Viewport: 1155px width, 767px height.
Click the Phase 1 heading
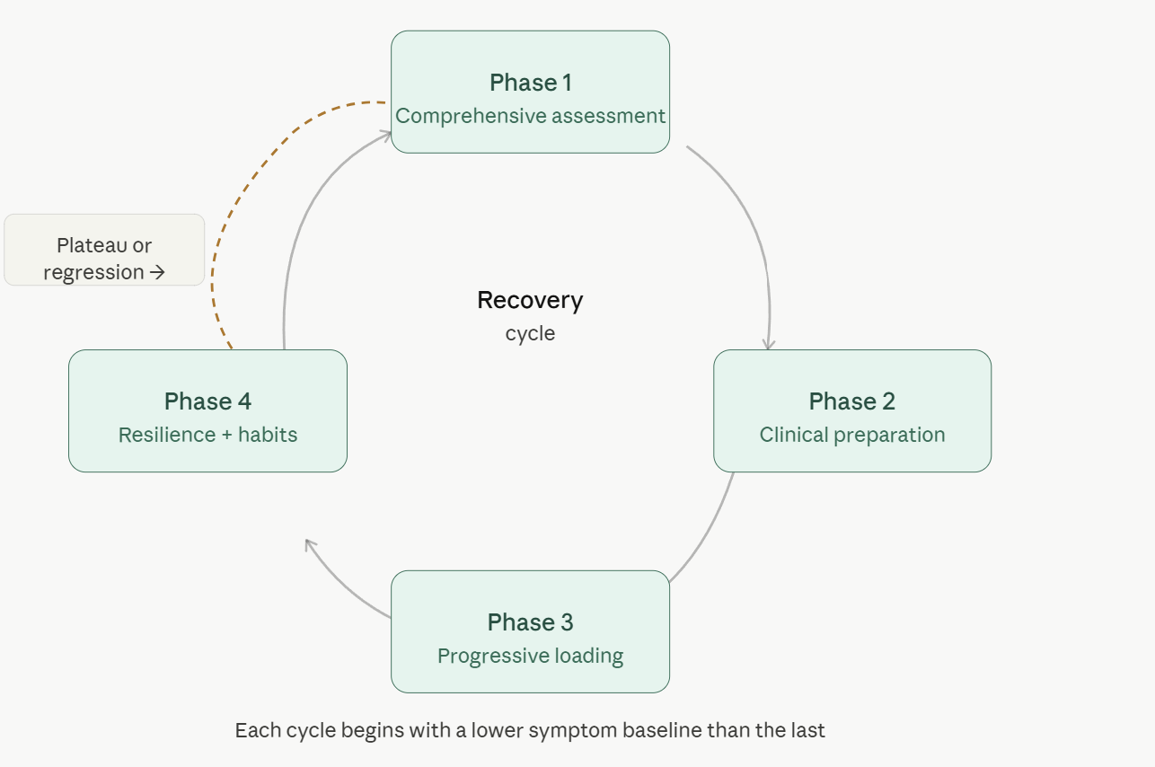[x=530, y=83]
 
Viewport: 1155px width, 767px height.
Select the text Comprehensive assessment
[x=530, y=116]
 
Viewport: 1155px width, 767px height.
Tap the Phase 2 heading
[x=851, y=401]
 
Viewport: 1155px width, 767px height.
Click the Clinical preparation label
[x=851, y=435]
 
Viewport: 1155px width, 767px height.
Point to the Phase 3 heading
[x=530, y=622]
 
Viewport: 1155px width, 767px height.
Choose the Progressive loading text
[x=530, y=656]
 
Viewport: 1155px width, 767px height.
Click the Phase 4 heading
[x=207, y=401]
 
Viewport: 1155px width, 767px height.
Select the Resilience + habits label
[x=207, y=435]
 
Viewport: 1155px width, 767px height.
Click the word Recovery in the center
[x=530, y=300]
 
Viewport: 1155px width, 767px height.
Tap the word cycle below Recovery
[x=530, y=333]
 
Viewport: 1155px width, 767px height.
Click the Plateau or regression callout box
[x=104, y=250]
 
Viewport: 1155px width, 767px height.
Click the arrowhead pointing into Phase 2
[x=768, y=344]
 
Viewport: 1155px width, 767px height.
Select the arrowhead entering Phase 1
[x=386, y=135]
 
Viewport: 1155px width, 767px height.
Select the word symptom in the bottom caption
[x=570, y=730]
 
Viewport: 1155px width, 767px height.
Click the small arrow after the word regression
[x=158, y=272]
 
